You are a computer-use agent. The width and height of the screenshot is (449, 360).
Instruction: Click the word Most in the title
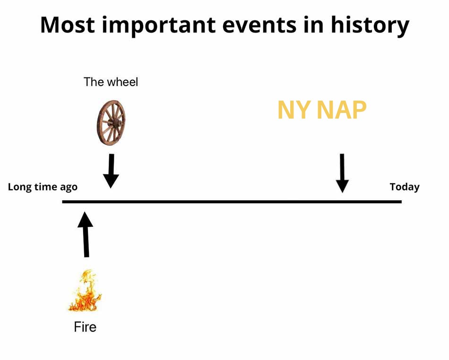coord(68,25)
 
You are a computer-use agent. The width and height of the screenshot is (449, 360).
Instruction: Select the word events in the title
coord(259,26)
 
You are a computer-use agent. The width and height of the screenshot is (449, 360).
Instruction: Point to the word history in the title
coord(370,26)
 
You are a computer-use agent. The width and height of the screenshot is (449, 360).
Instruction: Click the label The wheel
coord(111,82)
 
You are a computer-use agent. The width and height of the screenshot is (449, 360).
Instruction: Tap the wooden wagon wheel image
coord(111,123)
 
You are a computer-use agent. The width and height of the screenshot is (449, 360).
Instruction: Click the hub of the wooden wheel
coord(116,123)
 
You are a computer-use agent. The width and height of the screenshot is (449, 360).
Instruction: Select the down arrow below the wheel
coord(111,171)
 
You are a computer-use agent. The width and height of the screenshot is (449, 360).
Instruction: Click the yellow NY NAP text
coord(322,110)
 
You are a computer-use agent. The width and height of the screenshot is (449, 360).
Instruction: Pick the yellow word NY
coord(294,110)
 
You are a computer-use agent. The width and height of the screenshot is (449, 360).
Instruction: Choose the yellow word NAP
coord(342,110)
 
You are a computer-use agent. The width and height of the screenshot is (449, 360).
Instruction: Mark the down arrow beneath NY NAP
coord(342,173)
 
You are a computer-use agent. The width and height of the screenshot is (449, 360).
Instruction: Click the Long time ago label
coord(43,187)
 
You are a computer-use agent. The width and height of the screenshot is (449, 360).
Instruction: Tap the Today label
coord(405,187)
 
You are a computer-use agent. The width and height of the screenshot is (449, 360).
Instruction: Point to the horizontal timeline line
coord(232,202)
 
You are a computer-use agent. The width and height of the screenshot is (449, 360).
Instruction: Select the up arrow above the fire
coord(86,234)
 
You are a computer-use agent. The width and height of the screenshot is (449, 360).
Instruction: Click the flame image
coord(85,290)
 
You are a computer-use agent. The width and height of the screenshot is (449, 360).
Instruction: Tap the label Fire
coord(85,327)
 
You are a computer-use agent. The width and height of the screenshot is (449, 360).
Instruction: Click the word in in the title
coord(313,25)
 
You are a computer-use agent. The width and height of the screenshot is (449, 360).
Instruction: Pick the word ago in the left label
coord(69,188)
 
